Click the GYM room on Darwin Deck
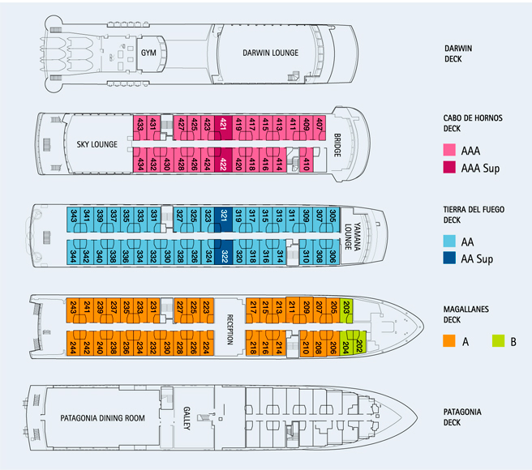click(148, 53)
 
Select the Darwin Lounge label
click(270, 53)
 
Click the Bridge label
click(337, 145)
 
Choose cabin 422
click(223, 163)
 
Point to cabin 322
click(223, 254)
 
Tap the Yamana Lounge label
click(351, 236)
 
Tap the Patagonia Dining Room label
click(102, 419)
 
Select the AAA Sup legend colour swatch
click(453, 168)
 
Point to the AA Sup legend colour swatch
click(453, 259)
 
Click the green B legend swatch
click(496, 340)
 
